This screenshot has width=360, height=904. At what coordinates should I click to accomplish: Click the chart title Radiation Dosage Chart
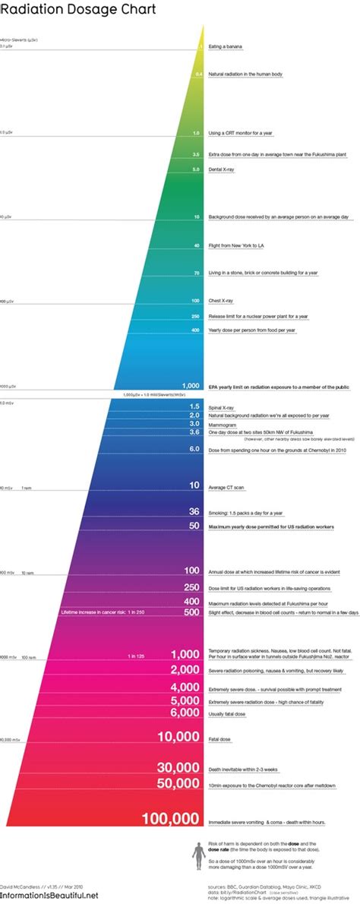(79, 10)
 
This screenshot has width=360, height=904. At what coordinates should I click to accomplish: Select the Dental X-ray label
(221, 169)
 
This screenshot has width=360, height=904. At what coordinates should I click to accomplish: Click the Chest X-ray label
(221, 300)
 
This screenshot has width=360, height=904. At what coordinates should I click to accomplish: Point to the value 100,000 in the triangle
(170, 818)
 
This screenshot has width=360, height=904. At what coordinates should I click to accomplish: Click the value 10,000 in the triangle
(178, 736)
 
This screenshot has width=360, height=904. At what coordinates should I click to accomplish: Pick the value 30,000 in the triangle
(178, 767)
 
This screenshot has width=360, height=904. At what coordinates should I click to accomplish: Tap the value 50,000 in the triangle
(178, 783)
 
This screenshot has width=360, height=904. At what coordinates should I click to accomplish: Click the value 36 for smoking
(194, 511)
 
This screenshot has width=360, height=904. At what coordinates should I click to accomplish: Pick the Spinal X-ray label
(222, 407)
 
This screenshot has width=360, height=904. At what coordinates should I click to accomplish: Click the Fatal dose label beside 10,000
(219, 738)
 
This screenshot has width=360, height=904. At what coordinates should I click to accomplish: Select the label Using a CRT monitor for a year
(241, 133)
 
